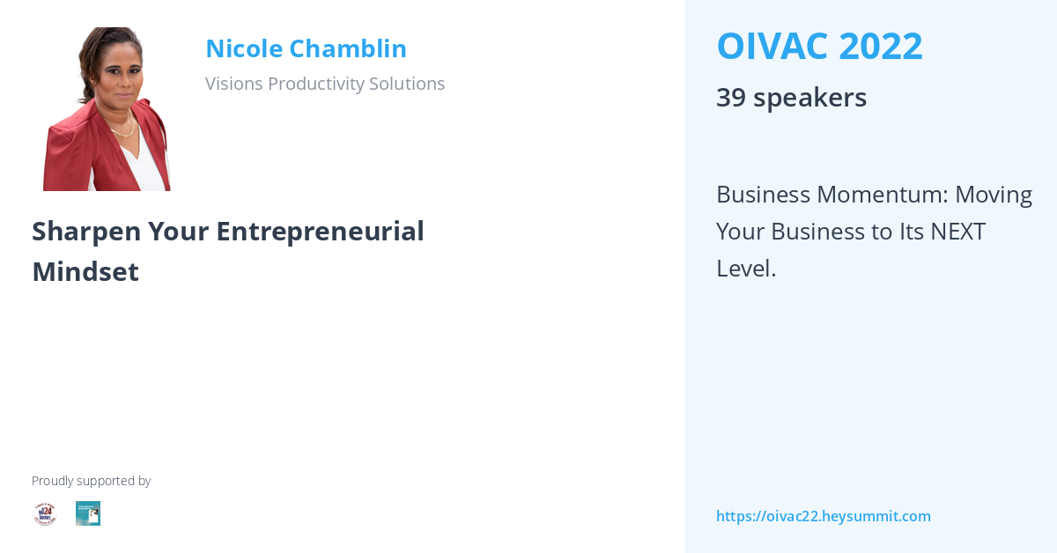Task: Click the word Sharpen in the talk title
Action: (86, 232)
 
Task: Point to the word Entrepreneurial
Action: (321, 232)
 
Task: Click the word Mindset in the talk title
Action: (85, 272)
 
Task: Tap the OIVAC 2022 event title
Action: (819, 47)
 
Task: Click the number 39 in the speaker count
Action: (730, 98)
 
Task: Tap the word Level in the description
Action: (743, 269)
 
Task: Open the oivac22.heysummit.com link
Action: (823, 516)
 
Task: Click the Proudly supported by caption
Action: (91, 481)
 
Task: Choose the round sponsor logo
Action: (45, 513)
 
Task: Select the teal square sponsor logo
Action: (88, 513)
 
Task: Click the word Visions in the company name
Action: (233, 84)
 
